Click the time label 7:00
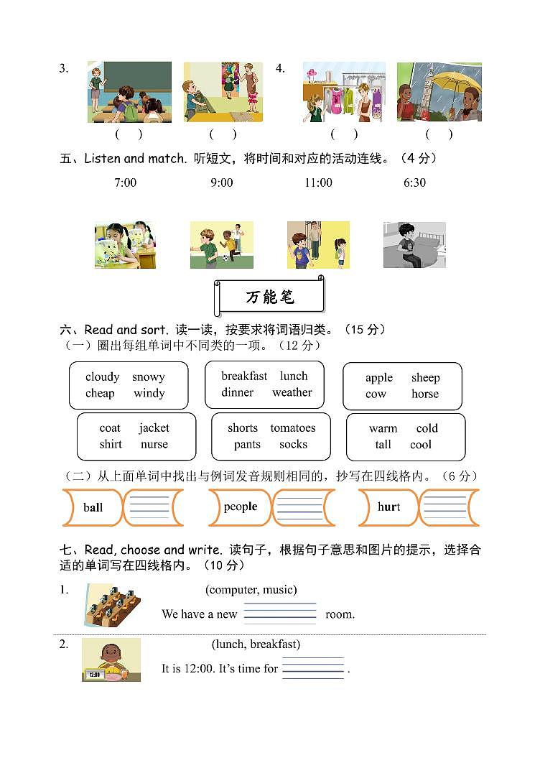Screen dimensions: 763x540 point(125,182)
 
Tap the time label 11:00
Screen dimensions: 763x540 point(318,182)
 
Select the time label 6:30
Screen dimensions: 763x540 point(414,182)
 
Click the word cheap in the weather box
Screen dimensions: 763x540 point(100,393)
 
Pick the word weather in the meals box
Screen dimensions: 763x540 point(292,392)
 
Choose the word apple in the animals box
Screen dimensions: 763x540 point(378,377)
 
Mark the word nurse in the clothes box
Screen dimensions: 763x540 point(154,444)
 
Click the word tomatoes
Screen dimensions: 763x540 point(293,427)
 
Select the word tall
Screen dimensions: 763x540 point(383,445)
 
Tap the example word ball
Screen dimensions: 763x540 point(93,507)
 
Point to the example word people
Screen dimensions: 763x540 point(240,507)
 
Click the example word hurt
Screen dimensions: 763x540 point(388,507)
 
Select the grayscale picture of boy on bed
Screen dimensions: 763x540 point(414,245)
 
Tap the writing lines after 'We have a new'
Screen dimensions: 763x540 point(280,613)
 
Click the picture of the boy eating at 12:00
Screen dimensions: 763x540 point(111,660)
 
